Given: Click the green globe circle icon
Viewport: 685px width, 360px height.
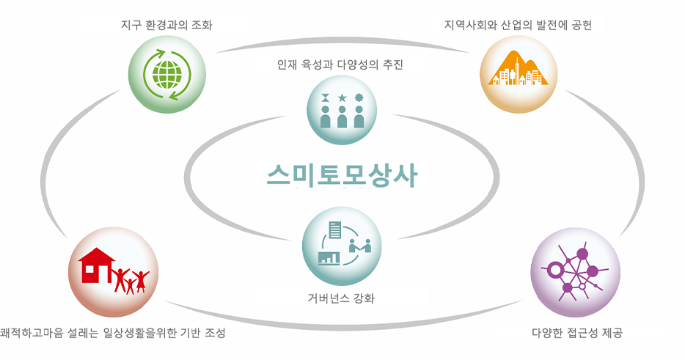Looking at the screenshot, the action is click(x=167, y=74).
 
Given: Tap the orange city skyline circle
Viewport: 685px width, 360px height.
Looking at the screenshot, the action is click(x=519, y=74).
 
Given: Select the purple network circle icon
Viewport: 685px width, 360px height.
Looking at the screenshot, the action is click(x=575, y=272).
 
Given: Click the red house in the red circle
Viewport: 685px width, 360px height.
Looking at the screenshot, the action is click(x=96, y=265).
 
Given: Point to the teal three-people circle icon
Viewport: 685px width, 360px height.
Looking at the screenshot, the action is click(x=342, y=110).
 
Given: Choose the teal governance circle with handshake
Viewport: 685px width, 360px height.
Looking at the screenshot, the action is click(x=342, y=246).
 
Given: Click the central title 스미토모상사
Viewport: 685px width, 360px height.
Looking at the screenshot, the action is click(x=342, y=175).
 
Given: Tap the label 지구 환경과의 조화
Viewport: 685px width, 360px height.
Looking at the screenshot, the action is click(x=166, y=25).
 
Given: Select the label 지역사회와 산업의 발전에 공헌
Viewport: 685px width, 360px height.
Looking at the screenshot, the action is click(x=518, y=25).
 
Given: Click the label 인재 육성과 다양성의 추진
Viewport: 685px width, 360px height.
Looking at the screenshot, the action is click(x=340, y=65).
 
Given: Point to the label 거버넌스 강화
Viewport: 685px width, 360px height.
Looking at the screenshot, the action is click(x=341, y=298).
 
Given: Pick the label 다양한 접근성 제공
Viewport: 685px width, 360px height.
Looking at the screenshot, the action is click(x=577, y=333).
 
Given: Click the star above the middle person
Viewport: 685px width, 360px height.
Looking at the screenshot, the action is click(x=342, y=97).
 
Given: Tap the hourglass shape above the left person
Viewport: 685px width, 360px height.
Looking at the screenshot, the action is click(x=325, y=97).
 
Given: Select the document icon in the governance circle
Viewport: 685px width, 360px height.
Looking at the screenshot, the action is click(x=335, y=229).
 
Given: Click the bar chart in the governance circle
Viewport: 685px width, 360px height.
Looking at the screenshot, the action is click(x=329, y=258).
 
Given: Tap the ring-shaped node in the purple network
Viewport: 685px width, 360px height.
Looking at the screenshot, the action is click(x=554, y=270).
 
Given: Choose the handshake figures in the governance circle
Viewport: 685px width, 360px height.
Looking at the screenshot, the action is click(x=360, y=246).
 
